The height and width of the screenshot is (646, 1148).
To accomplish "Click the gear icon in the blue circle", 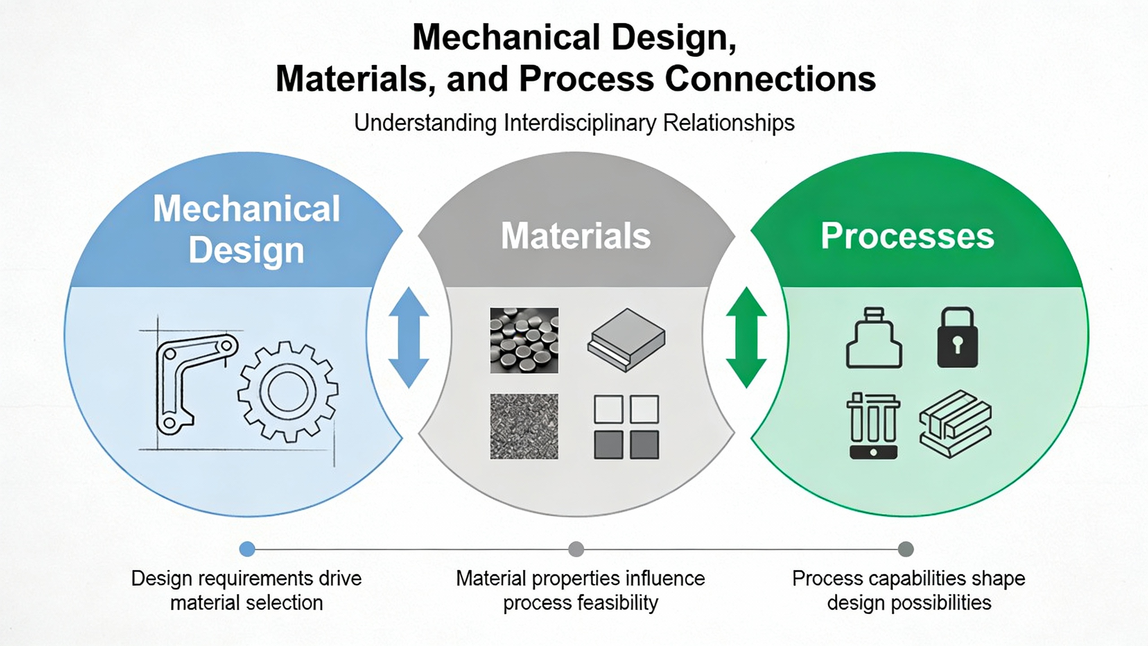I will pos(288,390).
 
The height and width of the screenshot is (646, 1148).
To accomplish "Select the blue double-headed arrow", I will pos(409,337).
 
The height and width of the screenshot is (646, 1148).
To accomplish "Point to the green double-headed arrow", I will pos(746,337).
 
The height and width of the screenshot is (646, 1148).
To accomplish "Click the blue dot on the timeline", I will pos(247,549).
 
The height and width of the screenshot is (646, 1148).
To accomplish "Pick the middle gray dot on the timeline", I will pos(576,549).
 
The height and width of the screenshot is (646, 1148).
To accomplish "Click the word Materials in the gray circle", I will pos(576,236).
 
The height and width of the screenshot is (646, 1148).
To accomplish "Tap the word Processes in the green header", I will pos(907,236).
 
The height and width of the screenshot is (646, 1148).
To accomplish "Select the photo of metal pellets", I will pos(524,340).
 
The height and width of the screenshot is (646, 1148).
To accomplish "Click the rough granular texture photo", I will pos(524,426).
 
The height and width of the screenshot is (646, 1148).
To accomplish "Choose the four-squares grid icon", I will pos(626,427).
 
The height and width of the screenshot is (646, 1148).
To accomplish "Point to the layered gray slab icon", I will pos(626,340).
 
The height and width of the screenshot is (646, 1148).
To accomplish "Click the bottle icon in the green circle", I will pos(874,338).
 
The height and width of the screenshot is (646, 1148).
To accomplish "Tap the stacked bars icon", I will pos(955,424).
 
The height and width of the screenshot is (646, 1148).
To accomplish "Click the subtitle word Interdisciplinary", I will pos(579,123).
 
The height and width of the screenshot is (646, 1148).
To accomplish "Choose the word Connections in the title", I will pos(770,79).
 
